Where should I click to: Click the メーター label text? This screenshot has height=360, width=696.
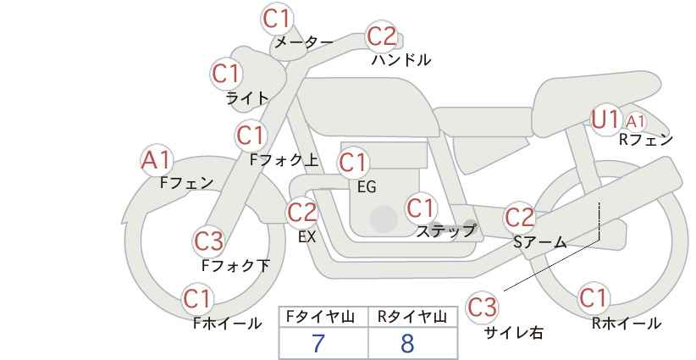click(x=304, y=42)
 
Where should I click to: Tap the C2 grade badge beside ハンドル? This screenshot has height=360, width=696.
click(x=382, y=36)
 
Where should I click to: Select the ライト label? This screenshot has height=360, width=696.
click(x=247, y=97)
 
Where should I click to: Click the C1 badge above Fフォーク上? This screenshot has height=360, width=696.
click(x=251, y=135)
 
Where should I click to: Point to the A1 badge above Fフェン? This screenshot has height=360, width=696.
click(x=156, y=159)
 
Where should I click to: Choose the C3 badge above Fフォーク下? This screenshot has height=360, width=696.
click(x=208, y=241)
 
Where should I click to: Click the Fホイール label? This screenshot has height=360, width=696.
click(x=227, y=323)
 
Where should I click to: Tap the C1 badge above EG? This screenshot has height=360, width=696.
click(x=353, y=162)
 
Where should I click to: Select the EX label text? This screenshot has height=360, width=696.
click(x=307, y=237)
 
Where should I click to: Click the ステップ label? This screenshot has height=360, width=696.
click(x=445, y=230)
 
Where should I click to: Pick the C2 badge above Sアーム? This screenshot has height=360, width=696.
click(x=520, y=218)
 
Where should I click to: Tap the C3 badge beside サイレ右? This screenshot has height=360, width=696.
click(x=483, y=306)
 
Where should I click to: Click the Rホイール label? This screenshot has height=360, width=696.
click(x=626, y=323)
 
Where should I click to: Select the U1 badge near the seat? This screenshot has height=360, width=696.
click(x=605, y=119)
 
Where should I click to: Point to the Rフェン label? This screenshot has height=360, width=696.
click(x=645, y=140)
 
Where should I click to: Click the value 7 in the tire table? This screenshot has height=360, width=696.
click(x=318, y=343)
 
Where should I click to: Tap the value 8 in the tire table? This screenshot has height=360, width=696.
click(x=407, y=343)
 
